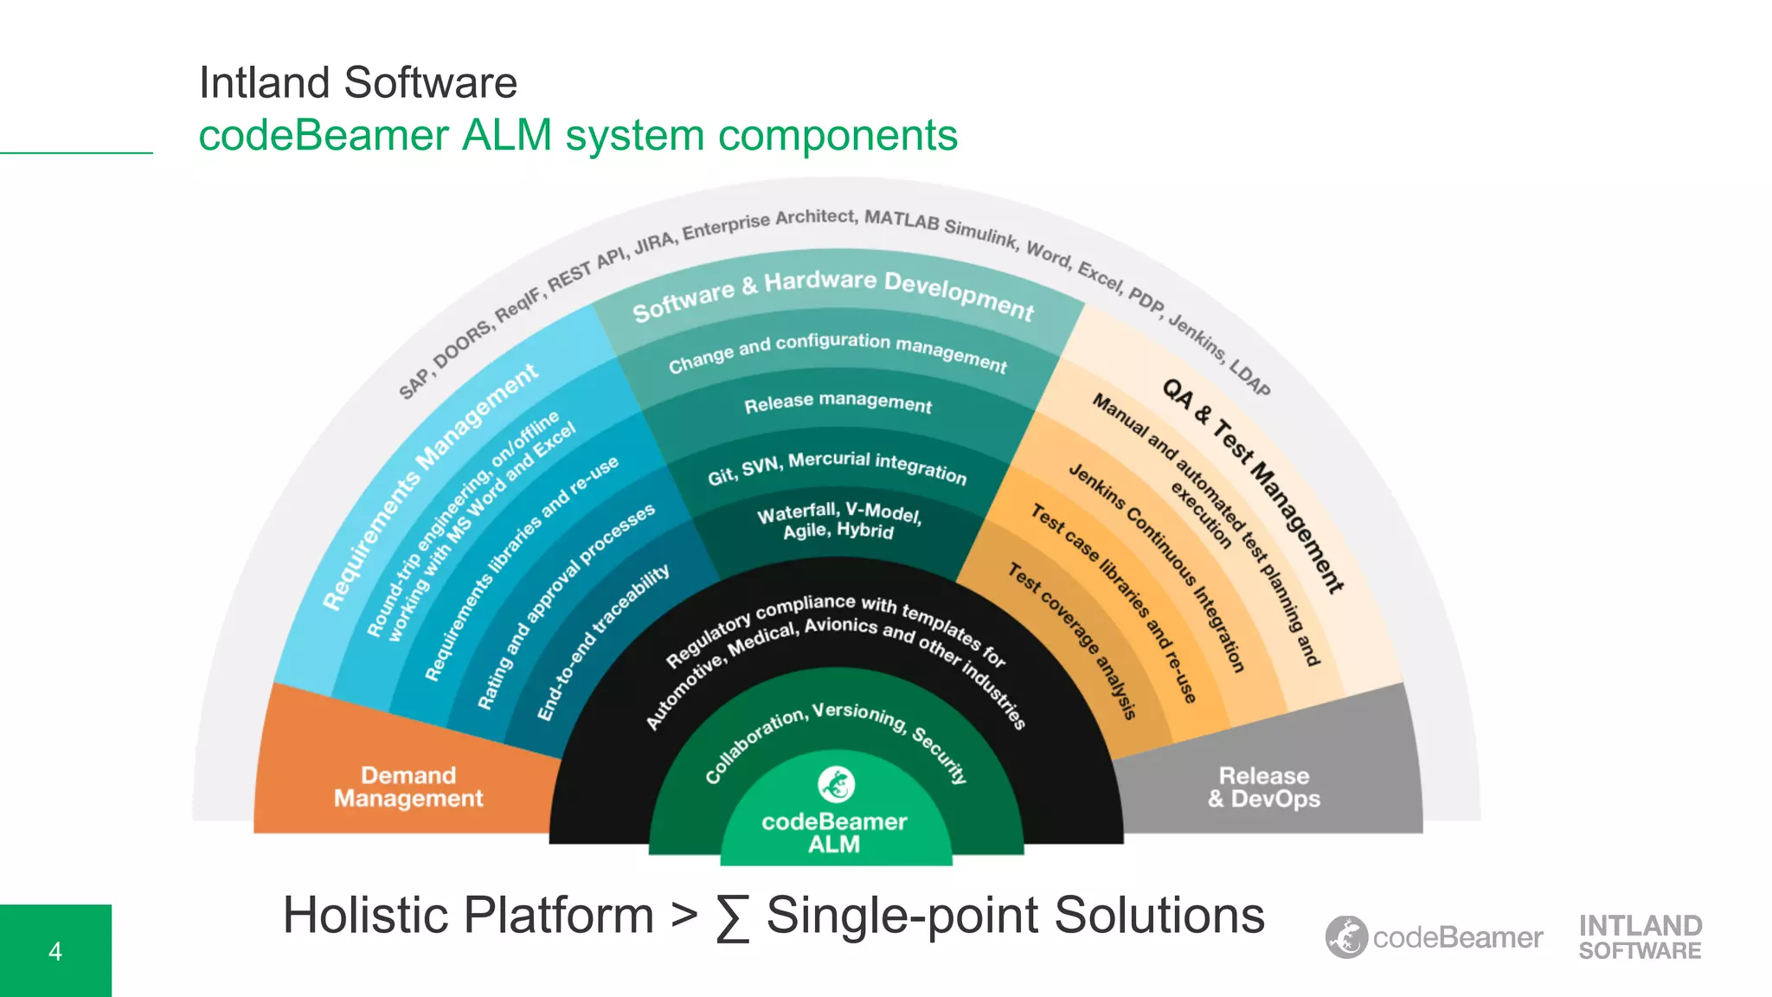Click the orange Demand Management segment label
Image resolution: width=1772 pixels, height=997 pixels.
[x=408, y=787]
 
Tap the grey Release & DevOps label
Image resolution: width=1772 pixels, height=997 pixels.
[x=1263, y=787]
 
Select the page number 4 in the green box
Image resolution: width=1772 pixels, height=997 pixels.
[x=55, y=951]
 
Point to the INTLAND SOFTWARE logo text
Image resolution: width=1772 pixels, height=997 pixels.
[x=1640, y=937]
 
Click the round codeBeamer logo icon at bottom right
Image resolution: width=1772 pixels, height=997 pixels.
[x=1346, y=937]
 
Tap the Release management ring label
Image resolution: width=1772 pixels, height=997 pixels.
[x=838, y=402]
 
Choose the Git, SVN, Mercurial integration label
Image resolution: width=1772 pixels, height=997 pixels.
[x=837, y=467]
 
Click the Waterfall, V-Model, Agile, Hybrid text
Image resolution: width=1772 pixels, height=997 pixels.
[x=838, y=521]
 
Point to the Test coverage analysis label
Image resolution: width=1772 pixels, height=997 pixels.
[x=1071, y=640]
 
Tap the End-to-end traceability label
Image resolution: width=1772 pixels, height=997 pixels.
[x=602, y=642]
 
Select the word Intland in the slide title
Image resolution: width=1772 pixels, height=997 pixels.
[x=265, y=83]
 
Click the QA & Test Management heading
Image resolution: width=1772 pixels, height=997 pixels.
[x=1252, y=485]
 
